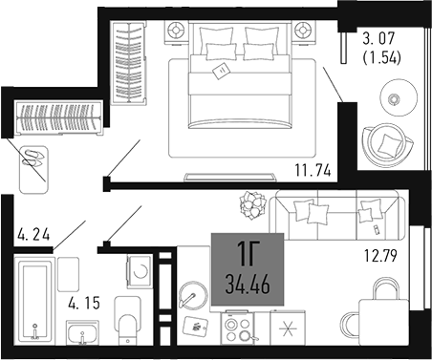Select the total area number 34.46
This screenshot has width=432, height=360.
247,284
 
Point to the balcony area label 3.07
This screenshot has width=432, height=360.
378,40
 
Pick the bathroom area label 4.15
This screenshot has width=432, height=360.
85,306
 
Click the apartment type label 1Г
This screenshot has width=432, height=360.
247,255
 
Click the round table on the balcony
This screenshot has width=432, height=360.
397,95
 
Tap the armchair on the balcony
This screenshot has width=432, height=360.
389,143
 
